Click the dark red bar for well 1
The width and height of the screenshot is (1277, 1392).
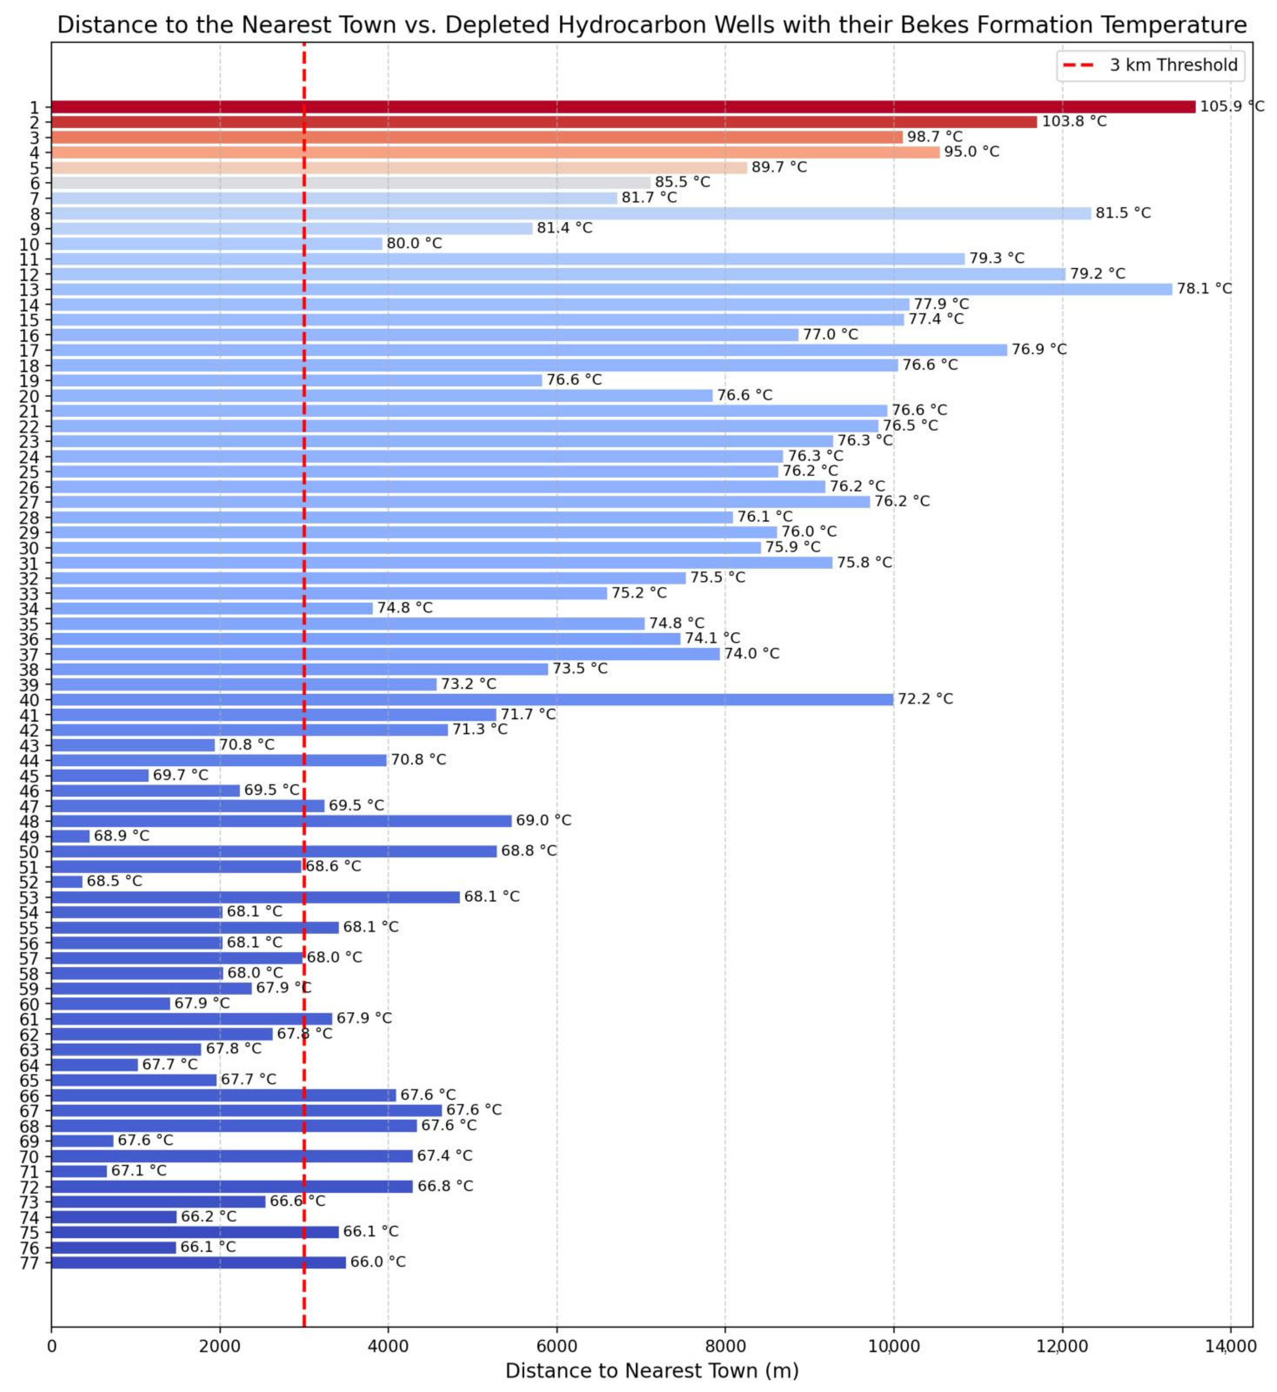point(622,107)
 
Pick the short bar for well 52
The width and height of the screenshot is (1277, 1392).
point(67,882)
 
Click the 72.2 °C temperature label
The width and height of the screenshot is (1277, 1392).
point(925,698)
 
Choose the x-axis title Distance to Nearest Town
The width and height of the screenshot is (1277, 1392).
point(652,1371)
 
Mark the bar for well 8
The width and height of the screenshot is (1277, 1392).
point(571,213)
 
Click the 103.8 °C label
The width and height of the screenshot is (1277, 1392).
point(1074,121)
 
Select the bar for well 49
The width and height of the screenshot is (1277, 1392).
point(71,836)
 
